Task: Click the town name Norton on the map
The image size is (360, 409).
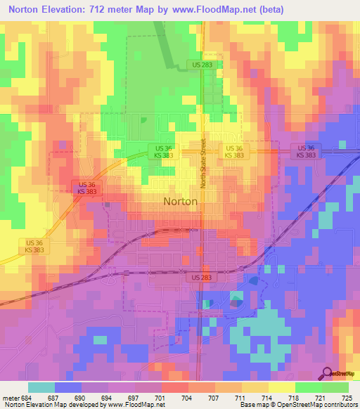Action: coord(180,201)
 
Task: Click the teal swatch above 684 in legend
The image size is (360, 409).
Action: coord(41,387)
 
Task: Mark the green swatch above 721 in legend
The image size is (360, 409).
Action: coord(309,387)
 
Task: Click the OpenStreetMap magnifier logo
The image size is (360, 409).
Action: coord(326,374)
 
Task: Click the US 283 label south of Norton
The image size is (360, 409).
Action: coord(199,278)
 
